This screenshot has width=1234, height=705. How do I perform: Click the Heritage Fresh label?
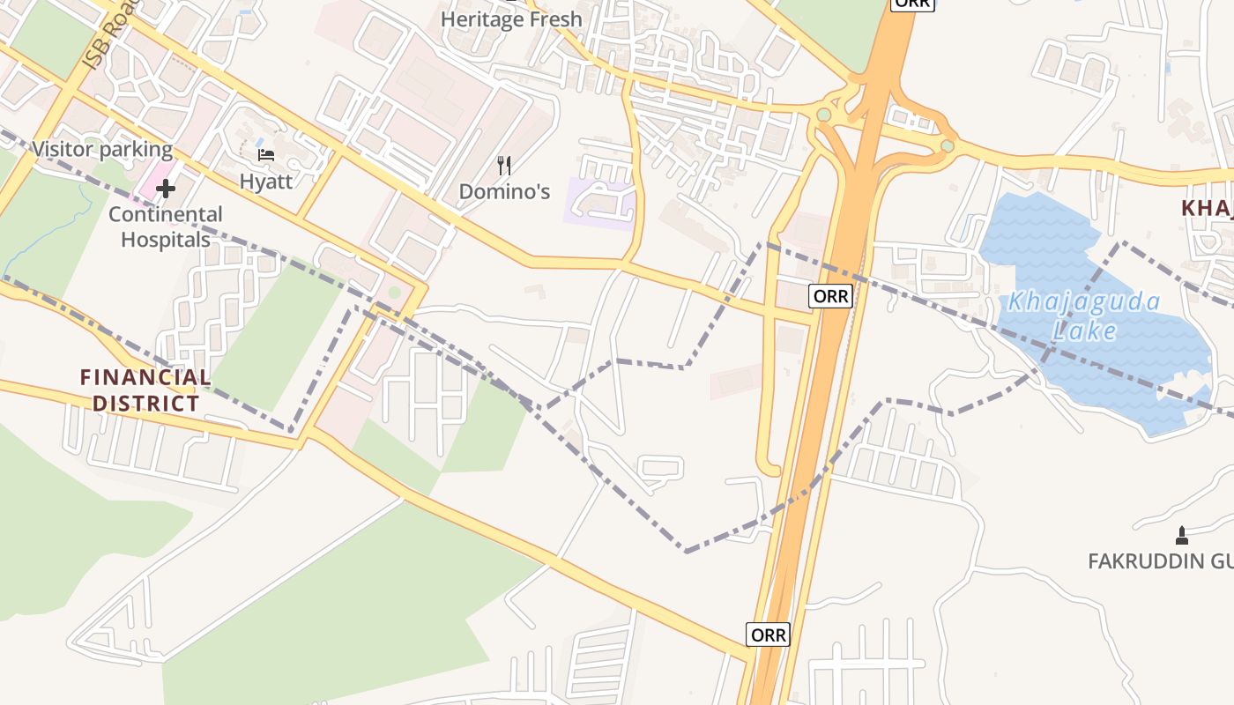tap(511, 19)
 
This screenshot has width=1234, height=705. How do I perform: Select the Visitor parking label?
tap(102, 149)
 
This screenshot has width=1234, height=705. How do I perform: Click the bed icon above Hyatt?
tap(266, 155)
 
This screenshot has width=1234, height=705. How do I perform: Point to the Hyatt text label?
tap(265, 181)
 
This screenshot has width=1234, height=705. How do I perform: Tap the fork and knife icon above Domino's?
tap(504, 165)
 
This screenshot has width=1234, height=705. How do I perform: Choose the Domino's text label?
tap(504, 191)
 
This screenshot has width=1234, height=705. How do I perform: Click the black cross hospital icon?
tap(166, 188)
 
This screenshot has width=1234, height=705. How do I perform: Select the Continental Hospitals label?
tap(166, 226)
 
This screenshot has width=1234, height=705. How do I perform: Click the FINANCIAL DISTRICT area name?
tap(146, 390)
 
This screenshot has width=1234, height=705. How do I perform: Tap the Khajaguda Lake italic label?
tap(1084, 315)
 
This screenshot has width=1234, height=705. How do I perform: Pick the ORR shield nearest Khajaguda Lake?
tap(830, 296)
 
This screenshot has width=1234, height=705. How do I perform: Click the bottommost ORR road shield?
tap(768, 634)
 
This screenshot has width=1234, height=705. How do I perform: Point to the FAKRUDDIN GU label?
tap(1159, 561)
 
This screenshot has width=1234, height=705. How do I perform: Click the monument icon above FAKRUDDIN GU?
tap(1182, 535)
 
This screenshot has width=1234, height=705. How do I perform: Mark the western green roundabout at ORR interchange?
tap(823, 115)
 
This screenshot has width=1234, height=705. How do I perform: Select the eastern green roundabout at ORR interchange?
tap(947, 145)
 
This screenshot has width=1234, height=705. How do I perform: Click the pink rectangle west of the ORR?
tap(737, 382)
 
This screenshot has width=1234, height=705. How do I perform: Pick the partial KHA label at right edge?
tap(1207, 208)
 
